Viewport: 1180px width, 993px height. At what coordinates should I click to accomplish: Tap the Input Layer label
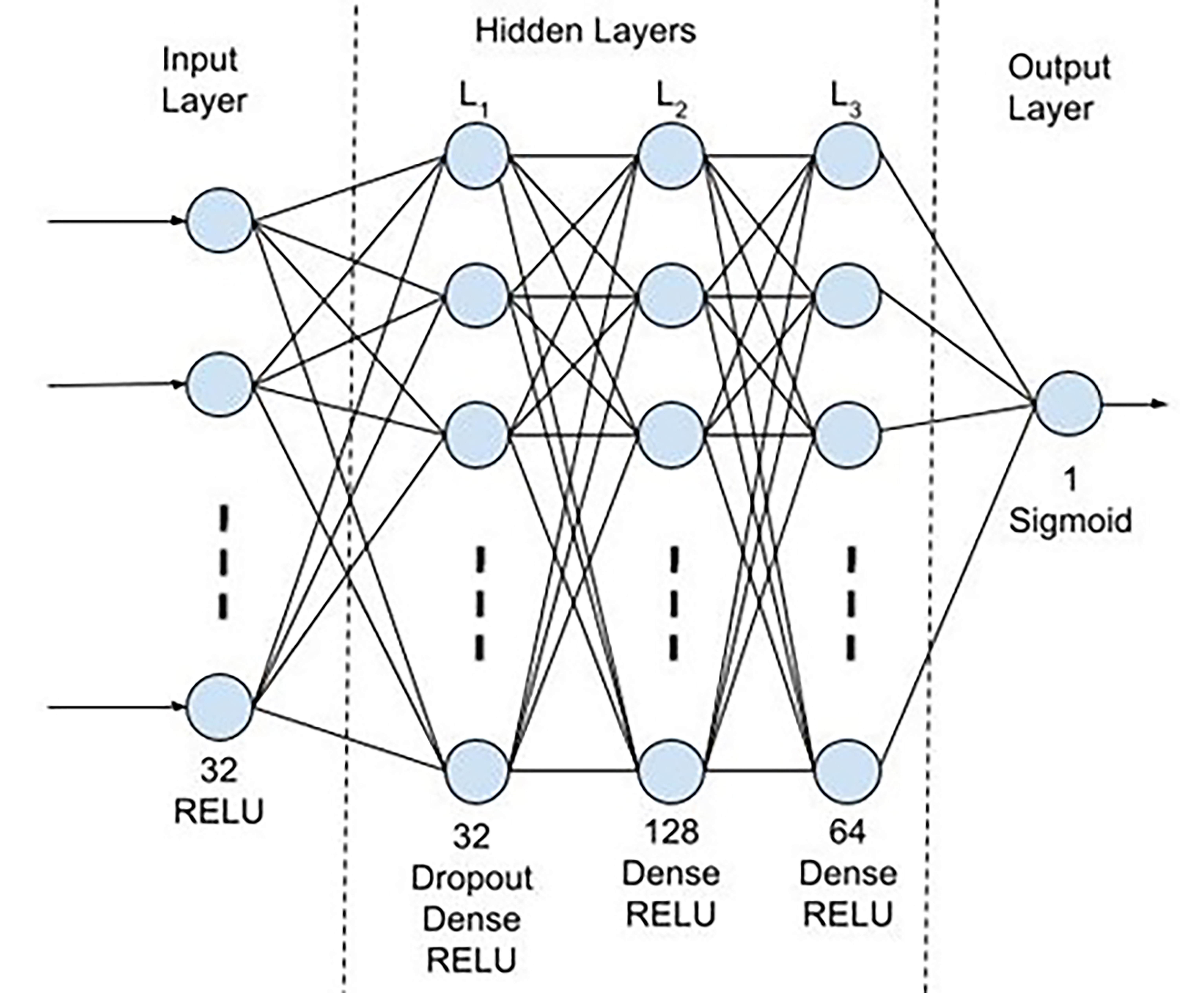pos(204,81)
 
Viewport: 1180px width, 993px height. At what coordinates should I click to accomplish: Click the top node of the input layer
pos(219,220)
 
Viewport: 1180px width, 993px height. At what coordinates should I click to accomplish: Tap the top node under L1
pos(477,156)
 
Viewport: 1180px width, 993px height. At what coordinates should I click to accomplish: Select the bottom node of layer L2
pos(671,771)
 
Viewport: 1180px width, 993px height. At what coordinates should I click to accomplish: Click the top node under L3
pos(847,156)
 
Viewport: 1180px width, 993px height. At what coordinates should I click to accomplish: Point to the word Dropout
pos(472,878)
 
